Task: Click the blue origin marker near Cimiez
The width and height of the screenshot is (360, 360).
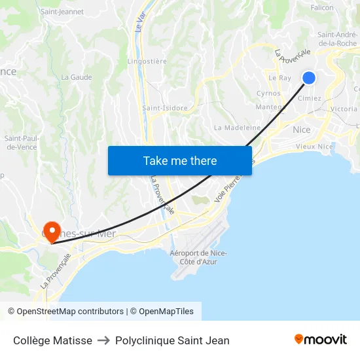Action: (x=309, y=78)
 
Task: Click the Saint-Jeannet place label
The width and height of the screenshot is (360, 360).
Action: (x=62, y=11)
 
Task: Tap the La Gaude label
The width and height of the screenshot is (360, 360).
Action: (x=76, y=77)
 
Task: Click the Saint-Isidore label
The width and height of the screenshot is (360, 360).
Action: (x=165, y=108)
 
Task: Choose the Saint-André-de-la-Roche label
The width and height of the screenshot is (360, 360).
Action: (x=336, y=39)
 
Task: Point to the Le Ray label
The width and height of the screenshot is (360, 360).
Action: (x=279, y=77)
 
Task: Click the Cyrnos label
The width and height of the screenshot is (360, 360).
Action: (x=268, y=94)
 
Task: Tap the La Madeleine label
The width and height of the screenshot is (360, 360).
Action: (x=237, y=128)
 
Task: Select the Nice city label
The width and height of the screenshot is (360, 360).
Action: (x=302, y=130)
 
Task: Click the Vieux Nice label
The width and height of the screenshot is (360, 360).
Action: (x=314, y=147)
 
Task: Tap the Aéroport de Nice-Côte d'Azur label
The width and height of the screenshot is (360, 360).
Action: (x=198, y=257)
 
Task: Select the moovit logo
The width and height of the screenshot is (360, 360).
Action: (x=320, y=339)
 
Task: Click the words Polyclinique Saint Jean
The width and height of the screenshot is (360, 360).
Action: (x=172, y=340)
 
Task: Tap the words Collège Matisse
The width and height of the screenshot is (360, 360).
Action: (x=52, y=340)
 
